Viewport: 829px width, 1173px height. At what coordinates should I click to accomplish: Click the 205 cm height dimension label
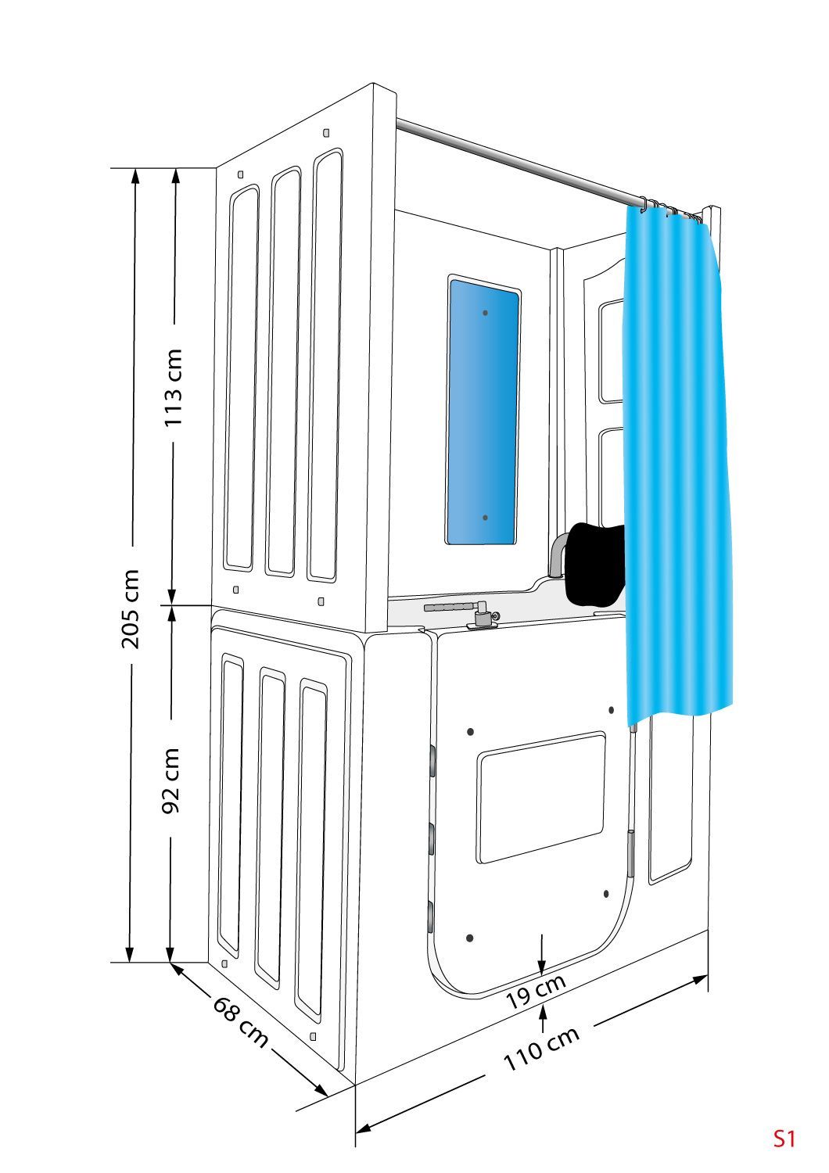pyautogui.click(x=131, y=609)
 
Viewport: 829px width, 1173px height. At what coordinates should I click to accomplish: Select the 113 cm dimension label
pyautogui.click(x=174, y=388)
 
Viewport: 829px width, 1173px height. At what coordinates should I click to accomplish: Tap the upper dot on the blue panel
pyautogui.click(x=486, y=313)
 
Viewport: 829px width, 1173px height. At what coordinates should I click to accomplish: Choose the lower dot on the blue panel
pyautogui.click(x=486, y=518)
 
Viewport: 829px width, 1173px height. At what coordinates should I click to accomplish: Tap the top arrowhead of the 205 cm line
pyautogui.click(x=135, y=177)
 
